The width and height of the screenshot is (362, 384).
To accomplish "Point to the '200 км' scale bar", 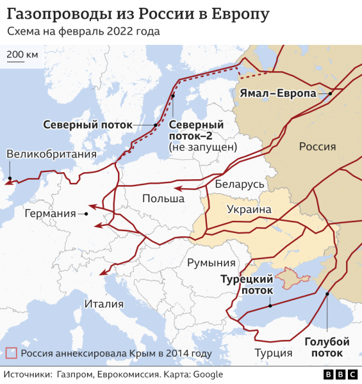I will tap(22, 56).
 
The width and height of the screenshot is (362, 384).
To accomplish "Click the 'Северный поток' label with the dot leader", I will tap(88, 125).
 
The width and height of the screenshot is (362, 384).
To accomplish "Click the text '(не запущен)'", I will tap(202, 147).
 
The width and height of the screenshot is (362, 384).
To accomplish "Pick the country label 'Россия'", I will tap(317, 147).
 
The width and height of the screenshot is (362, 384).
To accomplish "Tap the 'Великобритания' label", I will tap(51, 154).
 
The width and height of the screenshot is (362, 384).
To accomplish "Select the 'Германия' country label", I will tap(45, 213).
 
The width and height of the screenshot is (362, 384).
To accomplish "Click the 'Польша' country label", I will tap(163, 199).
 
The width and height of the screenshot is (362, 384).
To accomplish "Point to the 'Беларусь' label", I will tap(240, 184).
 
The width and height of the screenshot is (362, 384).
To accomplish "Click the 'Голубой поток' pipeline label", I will tap(327, 347).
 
